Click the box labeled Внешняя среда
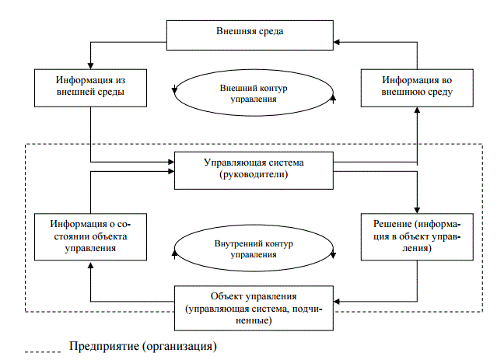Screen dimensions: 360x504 249,32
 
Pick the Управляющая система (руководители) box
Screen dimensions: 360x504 253,170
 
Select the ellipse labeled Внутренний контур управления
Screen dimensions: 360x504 254,248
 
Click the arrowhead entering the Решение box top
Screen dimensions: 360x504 418,211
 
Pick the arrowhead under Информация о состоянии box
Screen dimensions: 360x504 91,263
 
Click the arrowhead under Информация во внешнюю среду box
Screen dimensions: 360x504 418,111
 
